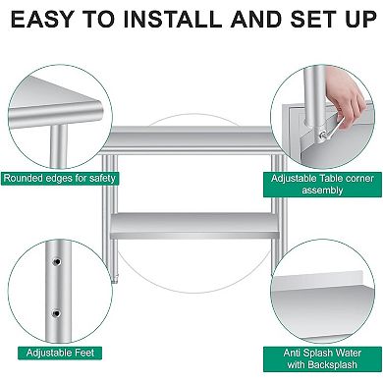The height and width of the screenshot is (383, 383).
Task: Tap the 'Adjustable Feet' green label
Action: pos(55,352)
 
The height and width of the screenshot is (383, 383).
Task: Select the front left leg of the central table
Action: pos(115,216)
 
